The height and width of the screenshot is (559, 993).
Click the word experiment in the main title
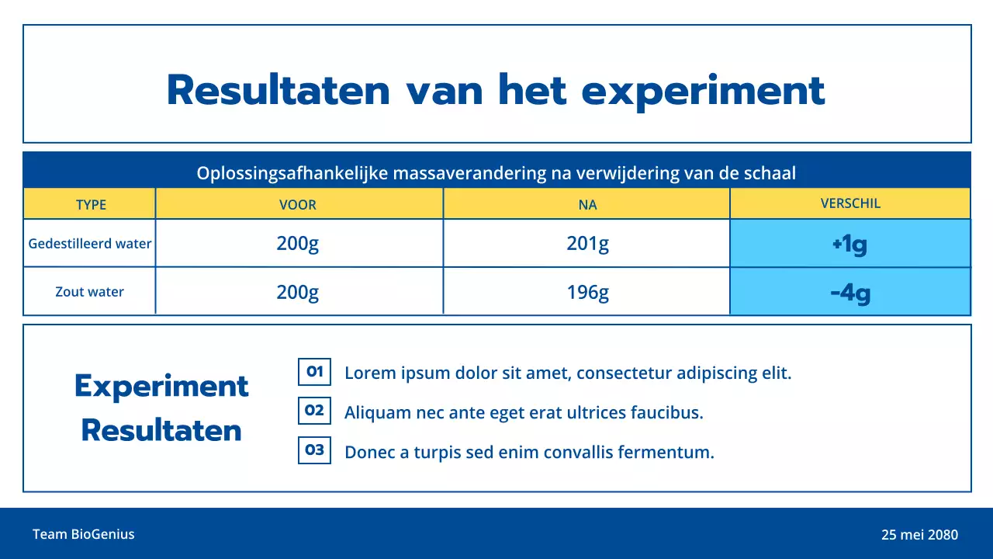[703, 91]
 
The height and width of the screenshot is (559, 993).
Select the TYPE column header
[91, 205]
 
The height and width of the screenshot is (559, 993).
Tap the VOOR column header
[298, 205]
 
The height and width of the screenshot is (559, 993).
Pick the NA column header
[587, 205]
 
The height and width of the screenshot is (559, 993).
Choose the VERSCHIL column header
[850, 203]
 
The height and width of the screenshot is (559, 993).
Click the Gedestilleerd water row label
[90, 243]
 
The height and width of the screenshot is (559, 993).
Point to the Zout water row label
[90, 292]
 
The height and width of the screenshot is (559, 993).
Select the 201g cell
[587, 244]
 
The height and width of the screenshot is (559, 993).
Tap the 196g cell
[587, 293]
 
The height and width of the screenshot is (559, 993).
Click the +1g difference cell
[849, 245]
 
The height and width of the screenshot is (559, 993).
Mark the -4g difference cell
[849, 293]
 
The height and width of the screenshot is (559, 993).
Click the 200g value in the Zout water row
[298, 293]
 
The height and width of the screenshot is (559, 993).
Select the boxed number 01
[314, 372]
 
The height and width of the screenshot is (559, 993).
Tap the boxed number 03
[314, 450]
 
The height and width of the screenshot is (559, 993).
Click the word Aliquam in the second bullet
[377, 413]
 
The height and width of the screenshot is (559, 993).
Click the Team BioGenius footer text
[84, 534]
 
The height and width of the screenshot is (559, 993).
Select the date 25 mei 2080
[919, 535]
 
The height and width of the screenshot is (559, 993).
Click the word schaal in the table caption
[770, 172]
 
